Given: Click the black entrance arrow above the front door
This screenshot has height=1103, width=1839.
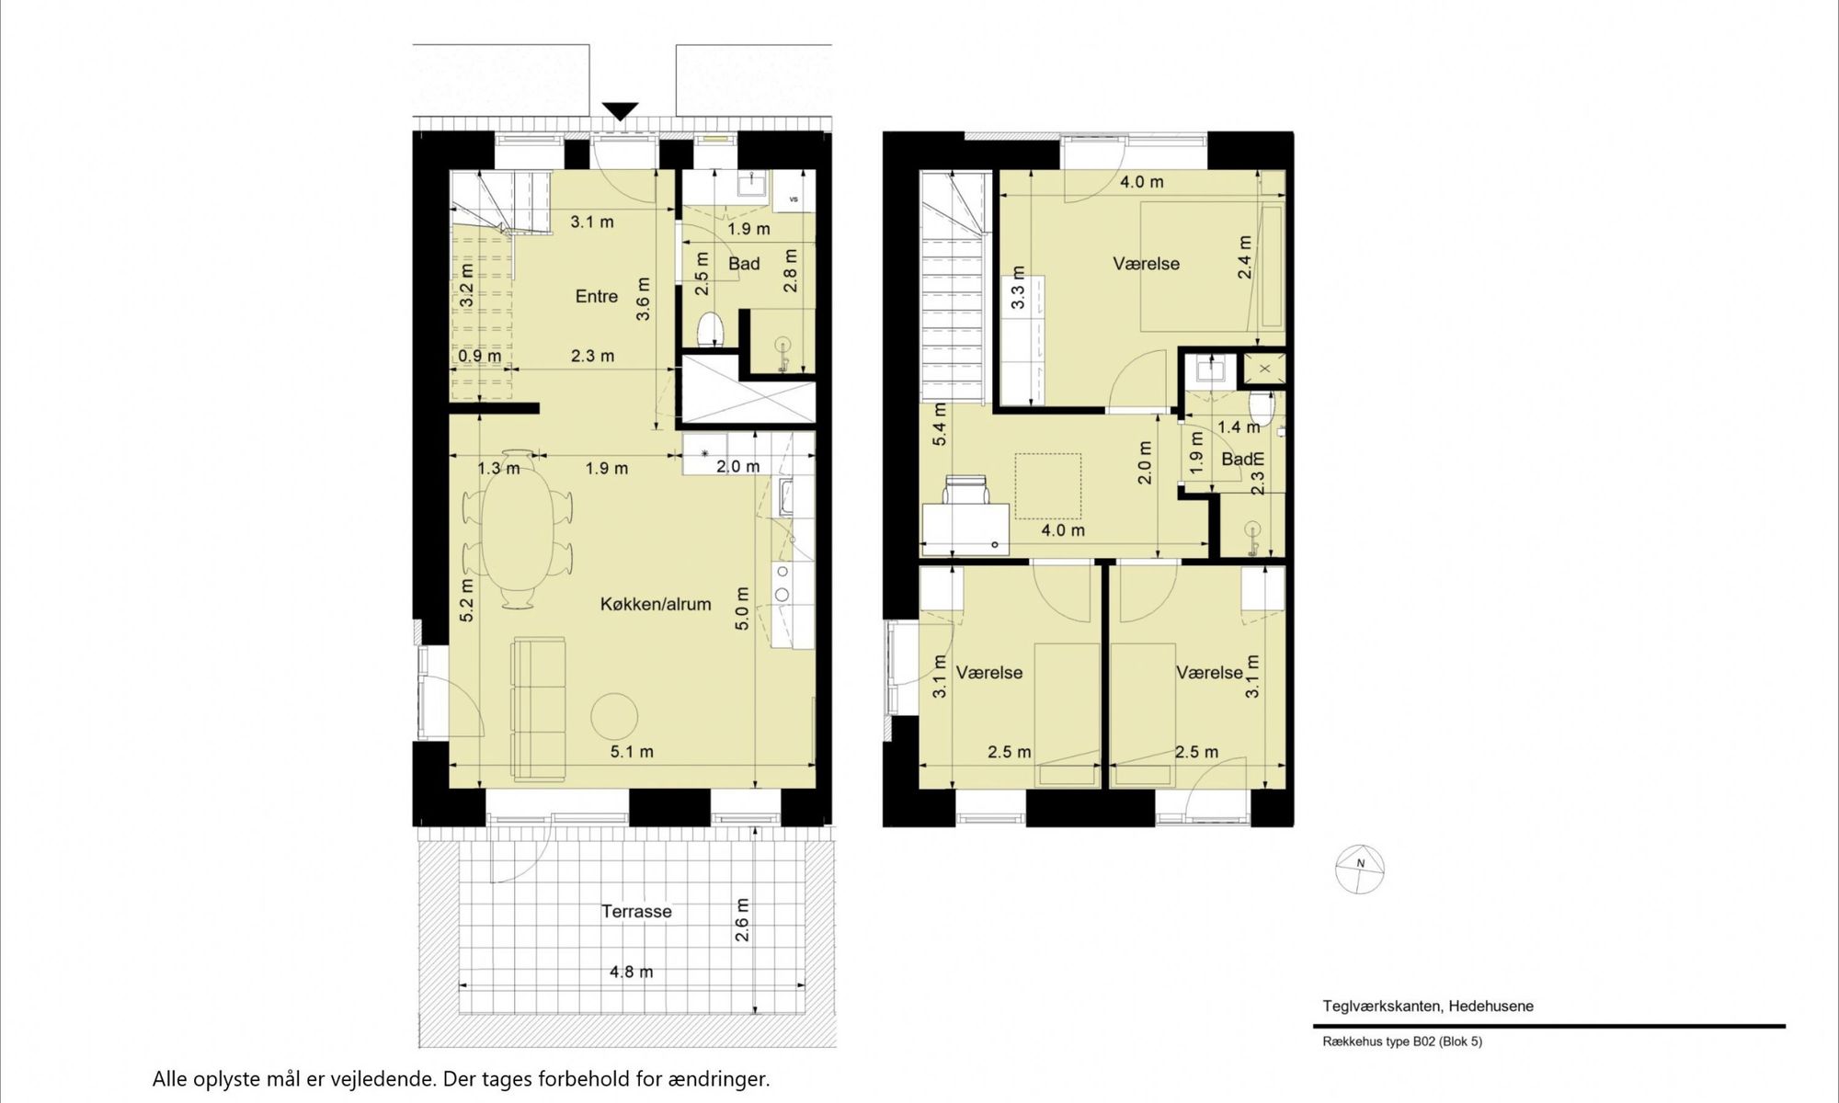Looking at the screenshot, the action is coord(621,111).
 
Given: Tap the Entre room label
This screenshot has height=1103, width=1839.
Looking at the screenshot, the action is coord(596,296).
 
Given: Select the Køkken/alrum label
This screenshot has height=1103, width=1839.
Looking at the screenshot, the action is coord(655,605).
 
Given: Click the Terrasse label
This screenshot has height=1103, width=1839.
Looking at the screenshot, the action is coord(636,912).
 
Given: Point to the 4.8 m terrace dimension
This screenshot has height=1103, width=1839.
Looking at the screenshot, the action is coord(631,972).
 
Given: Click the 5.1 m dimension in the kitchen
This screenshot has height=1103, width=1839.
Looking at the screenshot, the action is coord(632,752).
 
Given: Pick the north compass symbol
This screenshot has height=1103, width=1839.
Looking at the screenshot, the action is coord(1360,869).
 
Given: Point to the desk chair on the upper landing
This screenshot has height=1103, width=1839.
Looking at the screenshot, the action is coord(965,491).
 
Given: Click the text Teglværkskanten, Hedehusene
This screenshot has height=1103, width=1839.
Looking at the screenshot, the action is coord(1428,1006).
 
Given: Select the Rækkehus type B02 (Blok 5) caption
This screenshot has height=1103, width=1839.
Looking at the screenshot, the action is coord(1402,1041).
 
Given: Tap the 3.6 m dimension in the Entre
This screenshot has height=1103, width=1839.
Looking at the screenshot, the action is coord(643,299).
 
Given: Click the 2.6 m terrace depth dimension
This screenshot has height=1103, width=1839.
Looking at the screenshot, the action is coord(742,920).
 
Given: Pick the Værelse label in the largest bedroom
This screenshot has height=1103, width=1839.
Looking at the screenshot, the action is coord(1146,264).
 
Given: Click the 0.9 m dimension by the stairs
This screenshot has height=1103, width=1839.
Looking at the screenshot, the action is coord(480,356).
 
